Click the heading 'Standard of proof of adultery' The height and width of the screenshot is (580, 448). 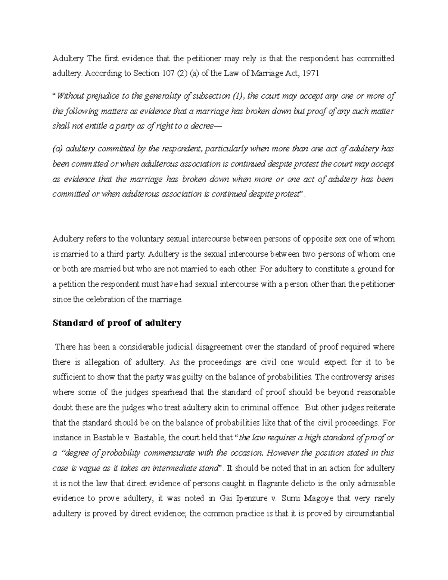pyautogui.click(x=117, y=323)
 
